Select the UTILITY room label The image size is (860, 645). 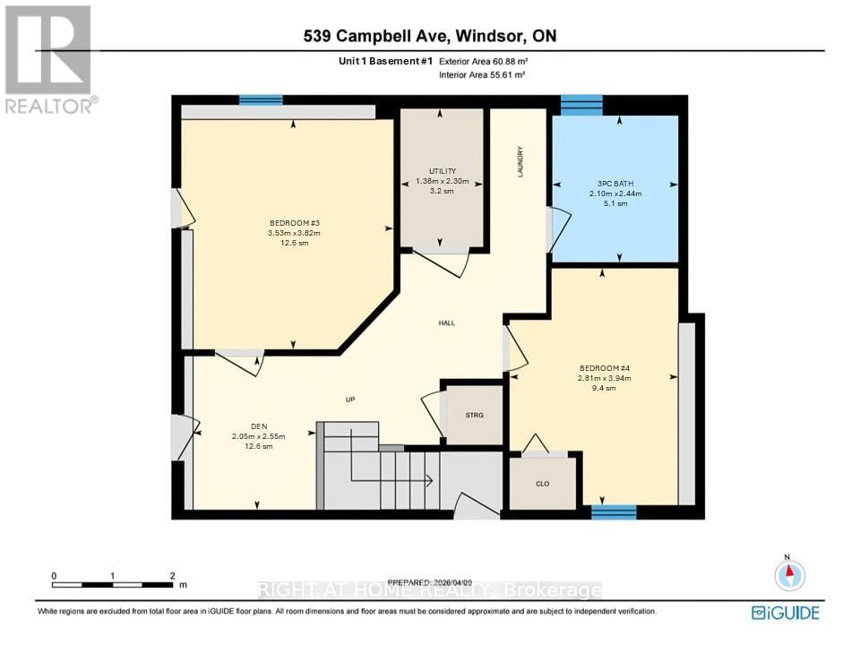pyautogui.click(x=443, y=171)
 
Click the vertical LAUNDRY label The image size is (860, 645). pyautogui.click(x=520, y=161)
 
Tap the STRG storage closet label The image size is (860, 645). pyautogui.click(x=474, y=415)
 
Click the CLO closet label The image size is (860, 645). pyautogui.click(x=542, y=484)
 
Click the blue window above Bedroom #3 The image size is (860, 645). pyautogui.click(x=261, y=100)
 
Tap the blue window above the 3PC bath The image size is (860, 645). pyautogui.click(x=581, y=105)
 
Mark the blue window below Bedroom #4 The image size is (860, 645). pyautogui.click(x=614, y=512)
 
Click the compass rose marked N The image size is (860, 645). pyautogui.click(x=789, y=573)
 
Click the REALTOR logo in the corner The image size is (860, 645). pyautogui.click(x=49, y=58)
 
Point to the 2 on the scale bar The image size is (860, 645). pyautogui.click(x=171, y=575)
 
